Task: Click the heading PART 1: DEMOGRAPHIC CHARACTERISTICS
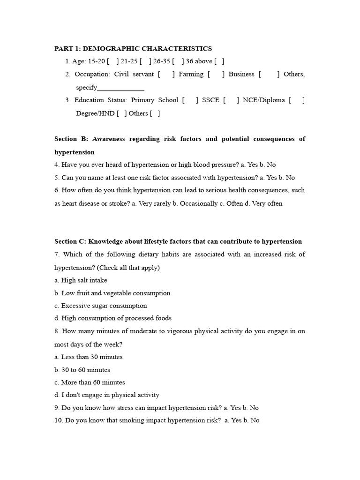(x=133, y=49)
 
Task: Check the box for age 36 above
(x=219, y=61)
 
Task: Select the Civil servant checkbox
(x=166, y=75)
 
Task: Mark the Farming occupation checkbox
(x=216, y=75)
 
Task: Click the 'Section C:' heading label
(x=72, y=242)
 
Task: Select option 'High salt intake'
(x=81, y=280)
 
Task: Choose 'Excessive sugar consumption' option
(x=100, y=306)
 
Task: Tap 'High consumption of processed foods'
(x=113, y=318)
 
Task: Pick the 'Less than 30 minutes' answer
(x=89, y=357)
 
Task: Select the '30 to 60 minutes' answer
(x=82, y=370)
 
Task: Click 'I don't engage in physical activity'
(x=107, y=395)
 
